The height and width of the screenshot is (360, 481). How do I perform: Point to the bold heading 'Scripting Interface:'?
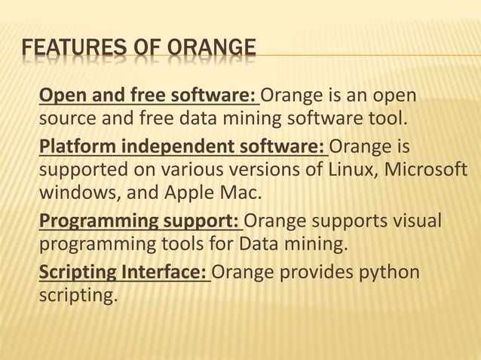pos(124,270)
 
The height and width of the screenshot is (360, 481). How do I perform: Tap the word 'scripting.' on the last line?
pos(78,295)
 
